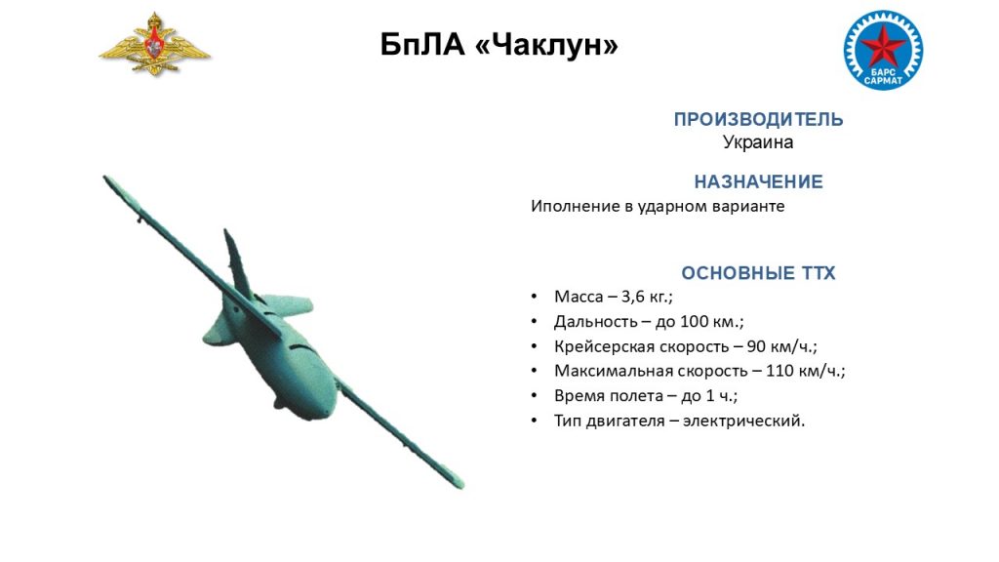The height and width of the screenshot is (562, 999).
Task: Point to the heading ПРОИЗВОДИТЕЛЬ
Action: pyautogui.click(x=758, y=119)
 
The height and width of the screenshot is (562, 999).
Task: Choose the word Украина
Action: pyautogui.click(x=757, y=142)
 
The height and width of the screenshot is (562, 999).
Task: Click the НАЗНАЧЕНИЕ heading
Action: pyautogui.click(x=758, y=181)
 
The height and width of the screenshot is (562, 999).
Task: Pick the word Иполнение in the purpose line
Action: pyautogui.click(x=567, y=207)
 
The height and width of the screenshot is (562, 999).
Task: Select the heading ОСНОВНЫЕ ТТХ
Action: pyautogui.click(x=758, y=273)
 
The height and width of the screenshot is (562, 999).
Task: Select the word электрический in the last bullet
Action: pyautogui.click(x=743, y=421)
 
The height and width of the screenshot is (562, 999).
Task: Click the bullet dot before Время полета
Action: pyautogui.click(x=534, y=396)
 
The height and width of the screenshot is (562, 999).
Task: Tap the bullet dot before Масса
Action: pyautogui.click(x=534, y=297)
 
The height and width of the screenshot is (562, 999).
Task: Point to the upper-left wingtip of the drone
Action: pyautogui.click(x=107, y=179)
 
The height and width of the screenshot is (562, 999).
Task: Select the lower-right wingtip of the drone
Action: pyautogui.click(x=460, y=484)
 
